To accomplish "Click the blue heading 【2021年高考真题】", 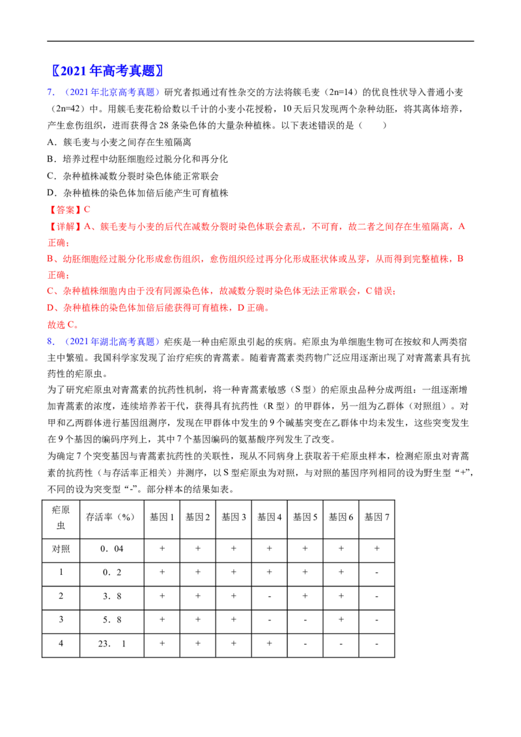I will tap(107, 70).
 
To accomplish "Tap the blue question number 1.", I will tap(49, 92).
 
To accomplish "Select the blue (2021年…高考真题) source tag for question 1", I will tap(111, 92).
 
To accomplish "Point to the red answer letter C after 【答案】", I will tap(88, 210).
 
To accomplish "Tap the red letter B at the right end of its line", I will tap(459, 258).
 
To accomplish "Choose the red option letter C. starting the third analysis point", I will tap(50, 292).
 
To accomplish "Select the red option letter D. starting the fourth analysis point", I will tap(50, 307).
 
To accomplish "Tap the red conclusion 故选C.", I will tap(62, 324).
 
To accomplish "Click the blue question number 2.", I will tap(49, 341).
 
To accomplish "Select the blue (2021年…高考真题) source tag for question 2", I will tap(111, 341).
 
